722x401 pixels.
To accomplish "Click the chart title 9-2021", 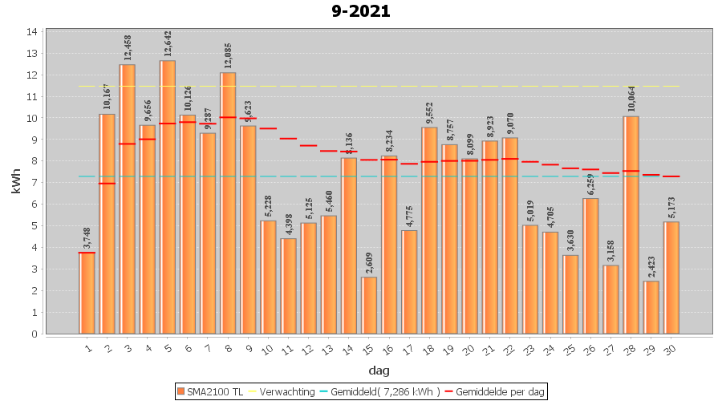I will point(361,11).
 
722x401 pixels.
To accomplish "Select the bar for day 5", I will point(168,196).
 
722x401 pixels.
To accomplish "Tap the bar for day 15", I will point(369,306).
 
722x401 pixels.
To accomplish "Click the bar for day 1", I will point(87,293).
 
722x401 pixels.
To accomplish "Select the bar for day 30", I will point(671,277).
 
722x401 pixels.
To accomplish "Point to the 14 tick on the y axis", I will point(33,32).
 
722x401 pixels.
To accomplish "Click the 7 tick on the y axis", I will point(35,183).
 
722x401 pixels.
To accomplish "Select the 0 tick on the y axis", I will point(35,334).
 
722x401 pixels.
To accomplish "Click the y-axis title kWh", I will point(16,182).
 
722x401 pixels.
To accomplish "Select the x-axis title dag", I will point(379,371).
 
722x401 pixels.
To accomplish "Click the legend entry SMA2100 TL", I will point(210,391).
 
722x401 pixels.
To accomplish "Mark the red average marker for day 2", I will point(107,184).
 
